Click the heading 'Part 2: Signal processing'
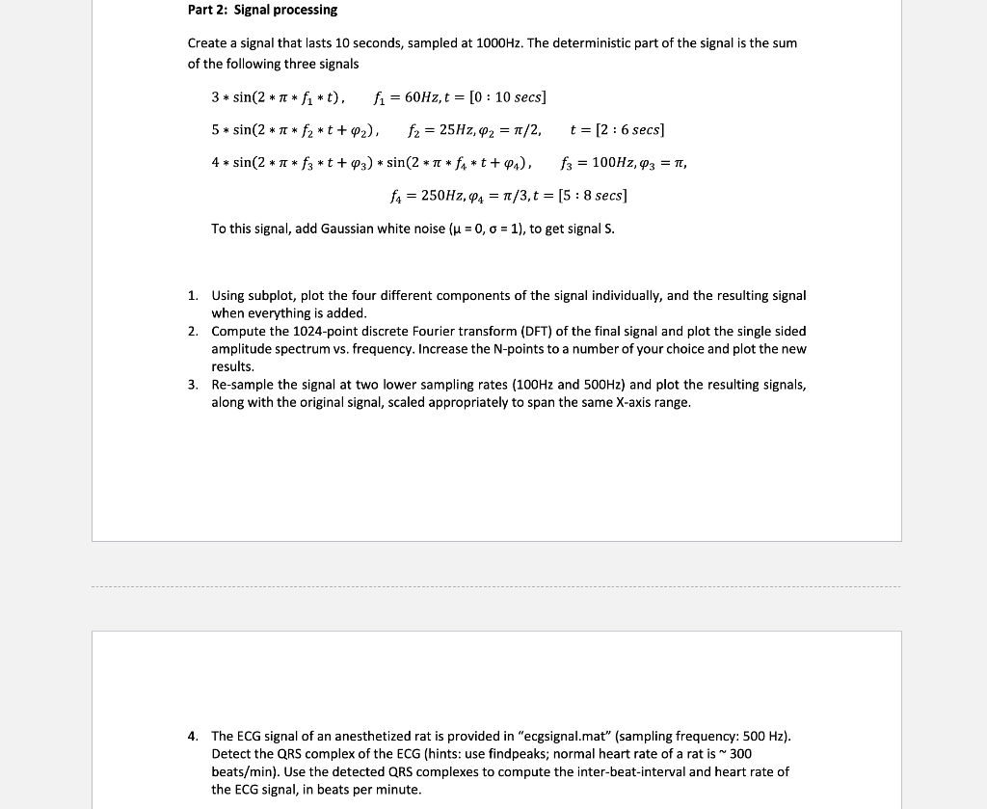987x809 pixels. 262,10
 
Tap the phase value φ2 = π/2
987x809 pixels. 510,130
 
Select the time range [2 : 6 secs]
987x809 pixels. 617,130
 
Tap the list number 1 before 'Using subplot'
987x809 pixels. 193,296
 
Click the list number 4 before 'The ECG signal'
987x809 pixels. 193,737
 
